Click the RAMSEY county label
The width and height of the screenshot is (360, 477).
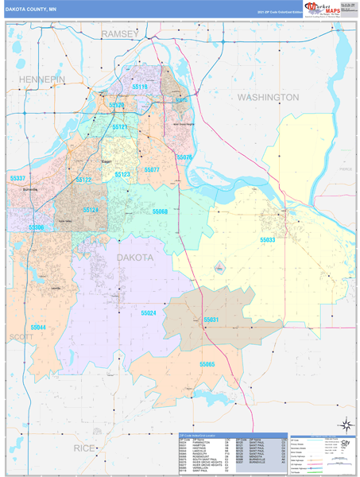(120, 33)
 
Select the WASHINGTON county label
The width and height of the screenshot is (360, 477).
(268, 97)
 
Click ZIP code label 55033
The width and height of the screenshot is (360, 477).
(269, 239)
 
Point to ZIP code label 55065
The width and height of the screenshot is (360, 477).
(207, 363)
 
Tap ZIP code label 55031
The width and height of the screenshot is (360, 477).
(211, 320)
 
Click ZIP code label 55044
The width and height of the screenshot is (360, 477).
(39, 327)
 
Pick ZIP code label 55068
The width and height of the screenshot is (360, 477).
(160, 211)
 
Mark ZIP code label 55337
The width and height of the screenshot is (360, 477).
(17, 179)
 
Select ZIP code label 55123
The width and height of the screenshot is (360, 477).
(123, 174)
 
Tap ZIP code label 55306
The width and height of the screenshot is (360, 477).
(36, 227)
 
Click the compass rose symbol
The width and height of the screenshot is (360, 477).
(344, 425)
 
